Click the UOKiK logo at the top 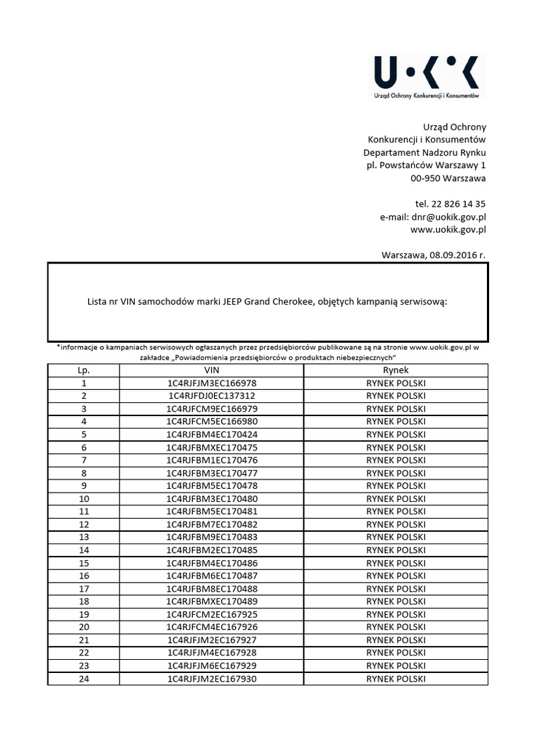427,76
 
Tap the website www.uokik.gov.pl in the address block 448,230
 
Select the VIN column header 211,370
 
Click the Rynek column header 396,370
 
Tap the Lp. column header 84,370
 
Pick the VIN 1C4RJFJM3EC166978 211,383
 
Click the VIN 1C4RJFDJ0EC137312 211,396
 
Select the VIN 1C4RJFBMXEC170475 211,447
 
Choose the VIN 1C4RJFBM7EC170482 211,525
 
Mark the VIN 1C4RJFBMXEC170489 211,602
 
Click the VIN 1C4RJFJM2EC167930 211,679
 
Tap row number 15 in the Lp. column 84,563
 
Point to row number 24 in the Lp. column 84,679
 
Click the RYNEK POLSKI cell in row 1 396,383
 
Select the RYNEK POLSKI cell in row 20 396,627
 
